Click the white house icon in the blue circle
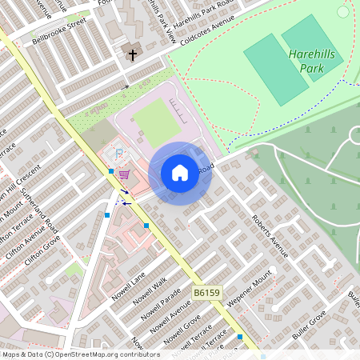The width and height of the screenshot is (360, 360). click(180, 173)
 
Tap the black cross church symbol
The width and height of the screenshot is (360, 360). click(133, 55)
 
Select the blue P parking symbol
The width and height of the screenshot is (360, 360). click(120, 153)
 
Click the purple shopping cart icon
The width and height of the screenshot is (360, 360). click(124, 174)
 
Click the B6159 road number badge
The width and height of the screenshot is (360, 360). click(206, 294)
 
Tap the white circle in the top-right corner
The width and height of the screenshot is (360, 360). click(344, 11)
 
